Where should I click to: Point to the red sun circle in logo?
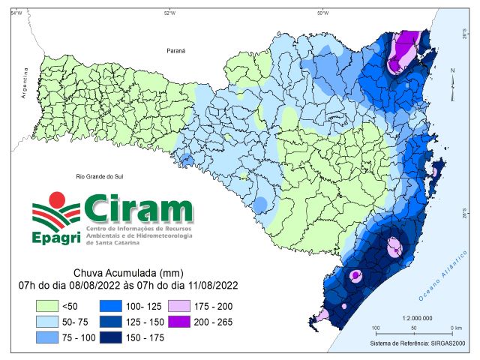(57, 199)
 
